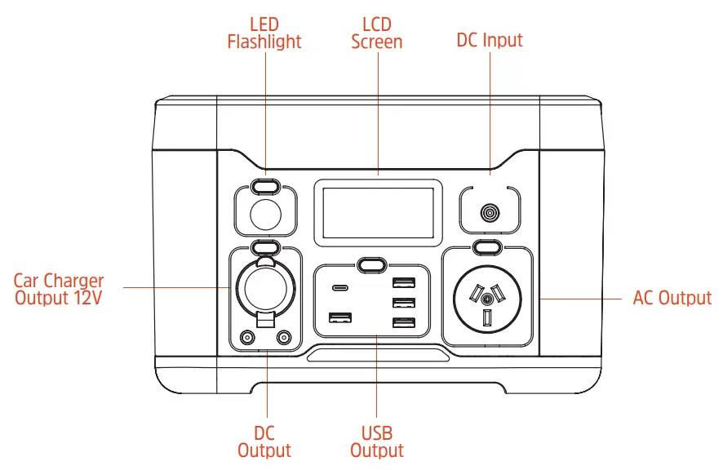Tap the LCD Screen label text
point(377,33)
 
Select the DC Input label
point(489,40)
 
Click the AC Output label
point(672,298)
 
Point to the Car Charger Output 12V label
point(59,290)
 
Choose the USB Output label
point(377,441)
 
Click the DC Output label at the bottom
point(264,441)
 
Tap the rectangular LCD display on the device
point(378,212)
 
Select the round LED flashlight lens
point(264,215)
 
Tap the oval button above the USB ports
point(371,264)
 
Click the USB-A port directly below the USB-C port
point(339,317)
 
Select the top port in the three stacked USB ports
point(402,283)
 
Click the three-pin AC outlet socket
point(487,299)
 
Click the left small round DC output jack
point(246,337)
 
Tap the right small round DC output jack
point(283,337)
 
